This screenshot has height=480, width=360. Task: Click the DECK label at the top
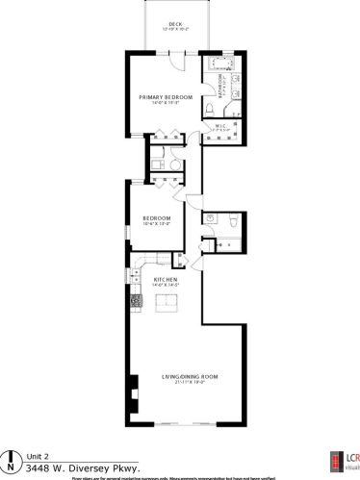[x=174, y=23]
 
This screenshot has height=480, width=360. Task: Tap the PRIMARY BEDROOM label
[x=165, y=97]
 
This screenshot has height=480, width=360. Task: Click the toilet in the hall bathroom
[x=231, y=220]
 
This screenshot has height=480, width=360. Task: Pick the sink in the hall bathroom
[x=209, y=220]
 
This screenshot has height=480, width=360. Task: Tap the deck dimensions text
[x=174, y=29]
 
